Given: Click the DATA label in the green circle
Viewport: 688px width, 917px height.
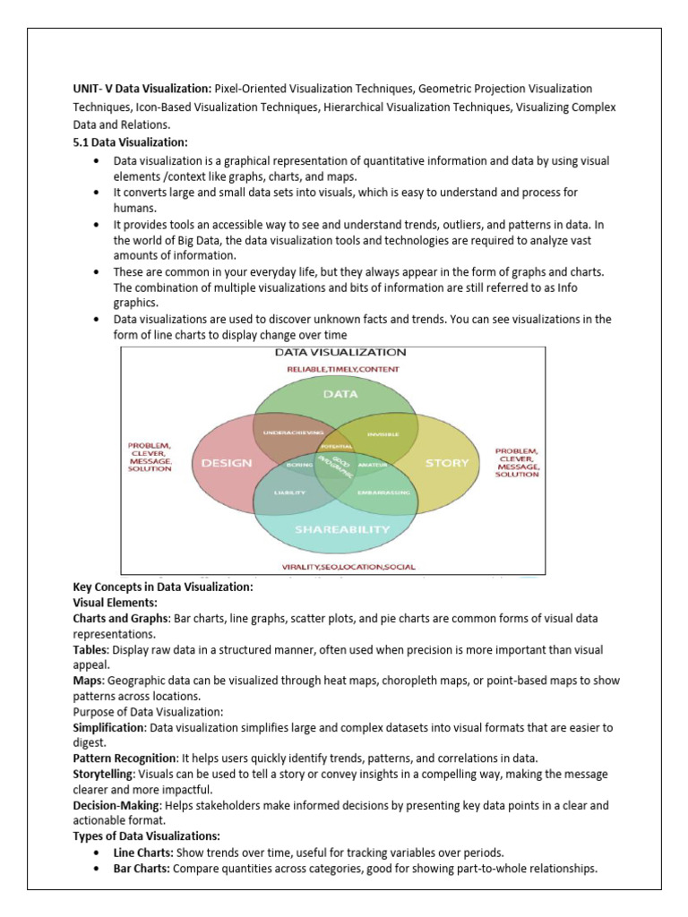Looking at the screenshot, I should tap(340, 393).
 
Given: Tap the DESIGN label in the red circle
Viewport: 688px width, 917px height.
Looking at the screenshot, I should tap(227, 463).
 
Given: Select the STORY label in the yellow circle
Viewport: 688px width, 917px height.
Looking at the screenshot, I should tap(446, 463).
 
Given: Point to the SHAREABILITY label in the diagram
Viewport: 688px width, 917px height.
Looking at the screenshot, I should tap(343, 528).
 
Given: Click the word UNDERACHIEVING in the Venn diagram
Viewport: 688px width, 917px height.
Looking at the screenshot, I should tap(293, 433).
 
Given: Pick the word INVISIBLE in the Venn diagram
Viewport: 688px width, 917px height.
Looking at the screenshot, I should tap(383, 434).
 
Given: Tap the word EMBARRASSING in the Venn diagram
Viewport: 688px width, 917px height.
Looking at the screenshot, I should tap(383, 493).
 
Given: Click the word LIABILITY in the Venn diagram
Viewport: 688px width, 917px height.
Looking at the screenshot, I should tap(289, 493).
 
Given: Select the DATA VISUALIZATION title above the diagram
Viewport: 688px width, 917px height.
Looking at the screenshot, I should tap(340, 353).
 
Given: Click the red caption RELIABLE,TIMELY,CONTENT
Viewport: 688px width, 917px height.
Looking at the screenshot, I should tap(343, 368).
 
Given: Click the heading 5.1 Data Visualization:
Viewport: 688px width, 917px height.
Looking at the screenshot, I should tap(130, 142).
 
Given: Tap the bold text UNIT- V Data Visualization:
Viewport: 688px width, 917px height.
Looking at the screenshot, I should tap(142, 89).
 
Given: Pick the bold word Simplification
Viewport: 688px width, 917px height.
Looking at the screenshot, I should tap(107, 728).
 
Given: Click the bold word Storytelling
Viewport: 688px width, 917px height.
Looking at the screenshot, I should tap(102, 775).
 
